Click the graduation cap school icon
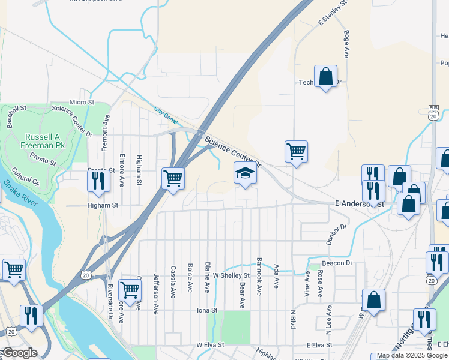244,174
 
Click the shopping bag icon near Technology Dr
325,76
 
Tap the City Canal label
166,112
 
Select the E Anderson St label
359,204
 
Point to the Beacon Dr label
336,263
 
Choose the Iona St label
206,310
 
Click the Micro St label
82,103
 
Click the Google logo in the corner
19,353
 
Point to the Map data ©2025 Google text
412,356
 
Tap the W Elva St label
210,346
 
